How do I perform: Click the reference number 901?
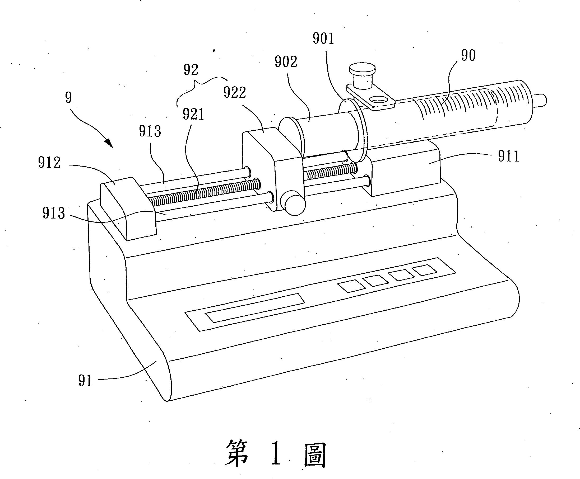(x=323, y=39)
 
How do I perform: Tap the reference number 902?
(x=286, y=62)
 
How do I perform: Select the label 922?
(x=235, y=93)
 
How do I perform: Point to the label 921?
(x=193, y=115)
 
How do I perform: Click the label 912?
(x=49, y=163)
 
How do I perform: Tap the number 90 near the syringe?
(x=468, y=56)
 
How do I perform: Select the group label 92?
(x=191, y=70)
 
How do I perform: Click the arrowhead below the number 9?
(x=110, y=144)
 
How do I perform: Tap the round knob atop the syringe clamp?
(x=362, y=69)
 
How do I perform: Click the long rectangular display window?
(x=254, y=307)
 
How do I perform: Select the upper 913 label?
(x=150, y=132)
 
